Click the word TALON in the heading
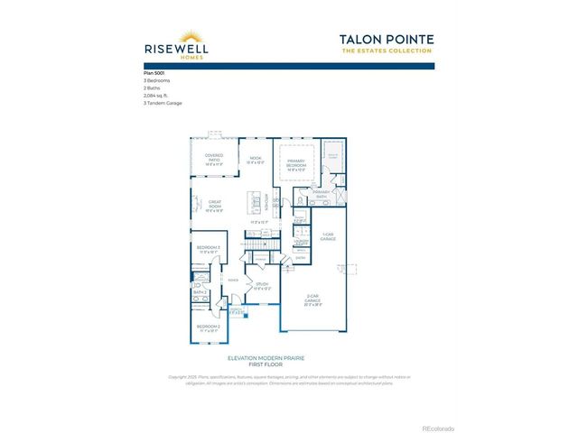point(362,39)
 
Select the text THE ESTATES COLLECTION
point(387,51)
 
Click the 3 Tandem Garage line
point(163,104)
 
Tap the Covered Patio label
point(214,160)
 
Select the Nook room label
point(256,161)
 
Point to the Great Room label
point(215,204)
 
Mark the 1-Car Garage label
point(329,237)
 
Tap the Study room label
point(262,286)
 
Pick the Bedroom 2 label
point(209,328)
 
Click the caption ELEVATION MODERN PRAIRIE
point(288,358)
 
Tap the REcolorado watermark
point(438,428)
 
